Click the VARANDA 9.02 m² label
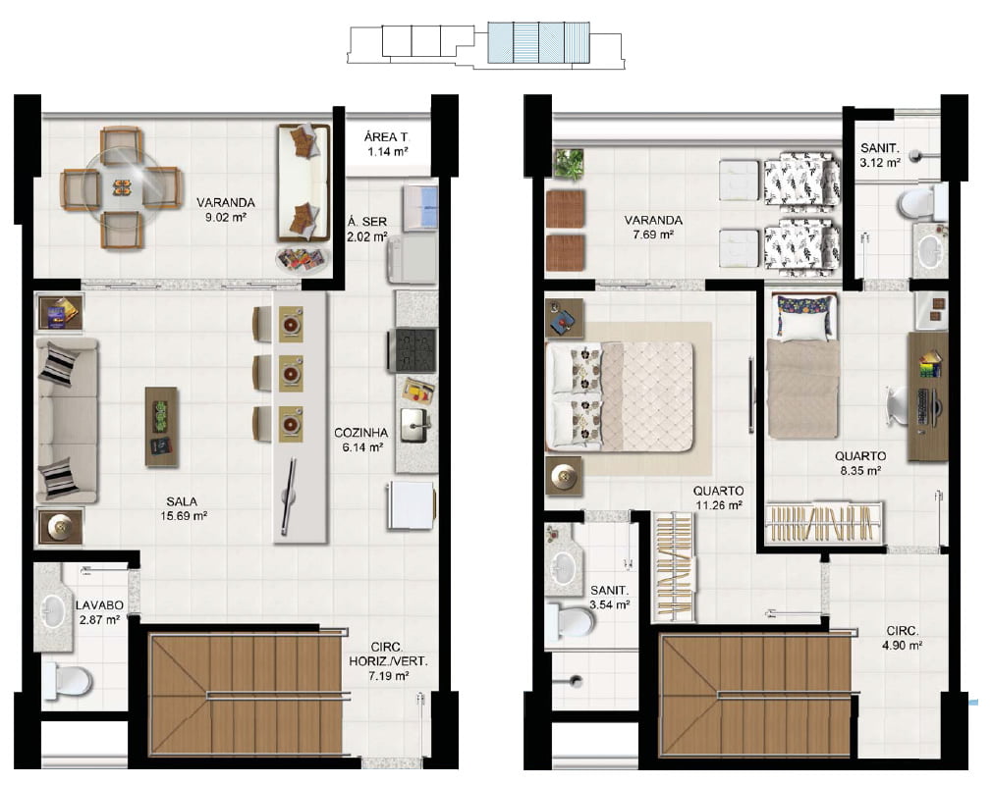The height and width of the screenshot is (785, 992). click(225, 210)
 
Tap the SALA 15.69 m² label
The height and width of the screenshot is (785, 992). click(184, 509)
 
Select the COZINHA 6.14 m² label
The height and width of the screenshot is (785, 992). click(360, 440)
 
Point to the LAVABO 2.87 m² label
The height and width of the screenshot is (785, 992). click(99, 612)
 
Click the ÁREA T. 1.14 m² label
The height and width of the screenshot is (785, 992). click(387, 144)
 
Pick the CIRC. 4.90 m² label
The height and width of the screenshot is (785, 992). click(903, 638)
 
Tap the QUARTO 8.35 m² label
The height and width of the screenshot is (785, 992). click(859, 462)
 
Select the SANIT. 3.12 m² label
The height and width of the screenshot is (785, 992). click(880, 155)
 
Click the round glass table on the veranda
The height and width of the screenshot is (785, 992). click(122, 187)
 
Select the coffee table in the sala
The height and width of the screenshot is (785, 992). click(162, 427)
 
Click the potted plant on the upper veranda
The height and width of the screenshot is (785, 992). click(569, 163)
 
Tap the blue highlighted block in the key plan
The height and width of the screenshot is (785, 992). click(538, 43)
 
